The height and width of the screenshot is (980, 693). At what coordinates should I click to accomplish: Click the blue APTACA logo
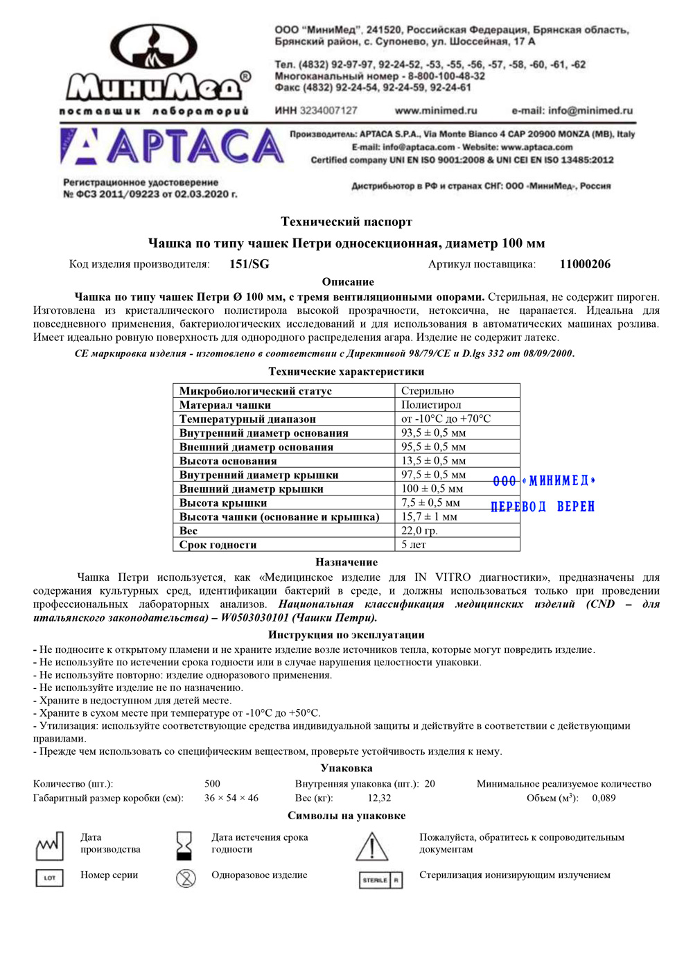(x=172, y=146)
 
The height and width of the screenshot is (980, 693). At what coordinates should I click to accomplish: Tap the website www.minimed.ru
(x=436, y=110)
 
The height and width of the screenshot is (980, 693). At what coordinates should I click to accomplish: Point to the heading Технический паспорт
(x=346, y=222)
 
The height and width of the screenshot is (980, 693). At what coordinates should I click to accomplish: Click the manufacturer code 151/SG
(x=249, y=264)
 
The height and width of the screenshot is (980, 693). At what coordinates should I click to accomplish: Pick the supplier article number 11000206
(x=585, y=264)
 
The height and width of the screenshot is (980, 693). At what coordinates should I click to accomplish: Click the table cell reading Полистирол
(x=431, y=405)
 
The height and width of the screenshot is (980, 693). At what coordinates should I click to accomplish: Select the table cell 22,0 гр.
(x=419, y=530)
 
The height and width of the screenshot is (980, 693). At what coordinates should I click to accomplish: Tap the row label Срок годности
(x=218, y=545)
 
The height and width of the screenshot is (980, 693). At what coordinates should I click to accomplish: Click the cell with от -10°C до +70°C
(x=446, y=419)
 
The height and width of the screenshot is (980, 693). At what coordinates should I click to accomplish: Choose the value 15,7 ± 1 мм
(x=429, y=516)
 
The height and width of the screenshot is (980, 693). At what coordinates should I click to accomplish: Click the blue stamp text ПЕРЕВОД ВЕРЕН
(x=543, y=507)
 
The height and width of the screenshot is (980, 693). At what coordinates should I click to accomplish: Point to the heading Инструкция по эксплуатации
(x=346, y=635)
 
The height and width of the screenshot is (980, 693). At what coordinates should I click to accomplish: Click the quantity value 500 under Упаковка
(x=212, y=784)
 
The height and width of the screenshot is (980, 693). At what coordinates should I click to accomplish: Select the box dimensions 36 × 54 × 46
(x=231, y=798)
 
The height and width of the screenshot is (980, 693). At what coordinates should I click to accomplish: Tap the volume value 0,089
(x=604, y=798)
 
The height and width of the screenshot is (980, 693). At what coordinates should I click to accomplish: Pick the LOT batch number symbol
(x=49, y=878)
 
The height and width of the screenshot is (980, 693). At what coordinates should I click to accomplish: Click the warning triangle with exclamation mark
(x=372, y=847)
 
